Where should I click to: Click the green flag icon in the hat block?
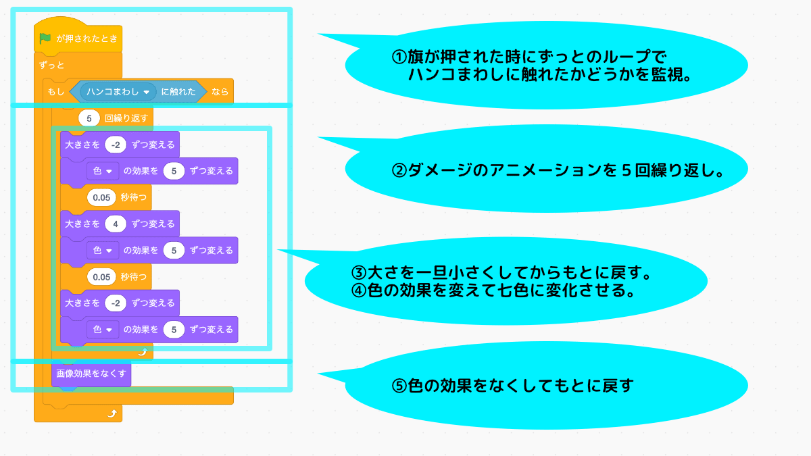[45, 39]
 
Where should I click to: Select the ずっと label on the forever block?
[52, 66]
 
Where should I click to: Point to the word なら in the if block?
[220, 91]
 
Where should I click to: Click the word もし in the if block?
[55, 91]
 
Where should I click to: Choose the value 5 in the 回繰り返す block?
[89, 118]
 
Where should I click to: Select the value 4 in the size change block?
[116, 224]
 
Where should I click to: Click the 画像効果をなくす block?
[91, 374]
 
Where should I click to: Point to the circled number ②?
[399, 170]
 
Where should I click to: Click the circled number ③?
[358, 274]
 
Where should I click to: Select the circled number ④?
[358, 290]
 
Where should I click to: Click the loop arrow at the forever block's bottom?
[112, 413]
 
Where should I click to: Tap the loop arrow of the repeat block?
[142, 351]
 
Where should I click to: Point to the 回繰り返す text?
[126, 118]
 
